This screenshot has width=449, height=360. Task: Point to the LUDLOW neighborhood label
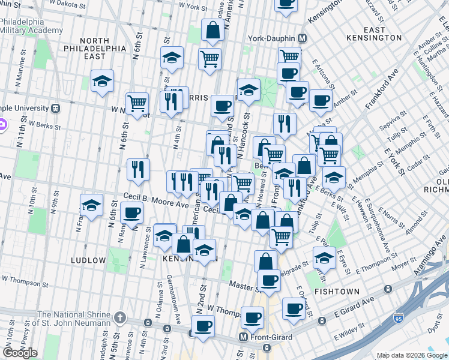point(88,260)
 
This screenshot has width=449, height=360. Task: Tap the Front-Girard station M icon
point(244,337)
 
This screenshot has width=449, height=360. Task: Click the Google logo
point(20,353)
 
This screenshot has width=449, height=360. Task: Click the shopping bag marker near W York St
point(212,29)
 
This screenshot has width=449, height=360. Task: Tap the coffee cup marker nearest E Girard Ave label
point(294,308)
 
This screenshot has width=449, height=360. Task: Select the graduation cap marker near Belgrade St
point(324,257)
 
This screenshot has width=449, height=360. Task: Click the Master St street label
point(241,287)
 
